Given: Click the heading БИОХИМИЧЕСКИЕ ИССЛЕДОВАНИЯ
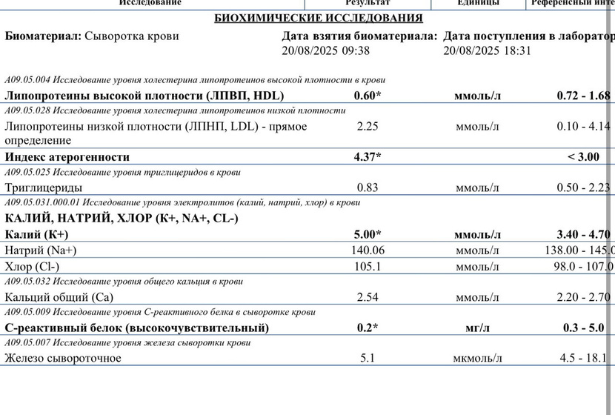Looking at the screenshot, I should [318, 18].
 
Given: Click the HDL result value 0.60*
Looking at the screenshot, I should [368, 96].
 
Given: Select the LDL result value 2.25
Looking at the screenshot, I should [368, 126].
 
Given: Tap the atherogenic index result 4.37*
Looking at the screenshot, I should [368, 157].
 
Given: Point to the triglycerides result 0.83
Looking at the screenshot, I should [368, 187].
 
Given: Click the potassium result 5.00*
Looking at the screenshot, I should [368, 234].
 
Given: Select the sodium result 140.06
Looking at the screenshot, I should [368, 250].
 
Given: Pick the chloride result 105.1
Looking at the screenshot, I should [368, 266].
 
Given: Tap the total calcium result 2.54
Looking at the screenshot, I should [368, 297].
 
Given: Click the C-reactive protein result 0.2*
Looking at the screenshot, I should [368, 328].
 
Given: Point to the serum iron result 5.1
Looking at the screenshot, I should [368, 359].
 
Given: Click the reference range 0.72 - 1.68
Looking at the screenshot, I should [583, 96].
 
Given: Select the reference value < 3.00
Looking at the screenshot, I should [583, 157].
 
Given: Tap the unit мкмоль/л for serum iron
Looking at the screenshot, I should [477, 359].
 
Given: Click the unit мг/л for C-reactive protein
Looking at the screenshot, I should [477, 328].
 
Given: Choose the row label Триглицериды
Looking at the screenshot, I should [44, 187].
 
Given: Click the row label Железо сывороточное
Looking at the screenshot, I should [63, 359].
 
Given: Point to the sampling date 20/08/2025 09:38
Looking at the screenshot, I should [325, 51].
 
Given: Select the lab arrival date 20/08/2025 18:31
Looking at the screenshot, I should [487, 51].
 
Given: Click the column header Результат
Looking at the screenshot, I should [368, 3].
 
